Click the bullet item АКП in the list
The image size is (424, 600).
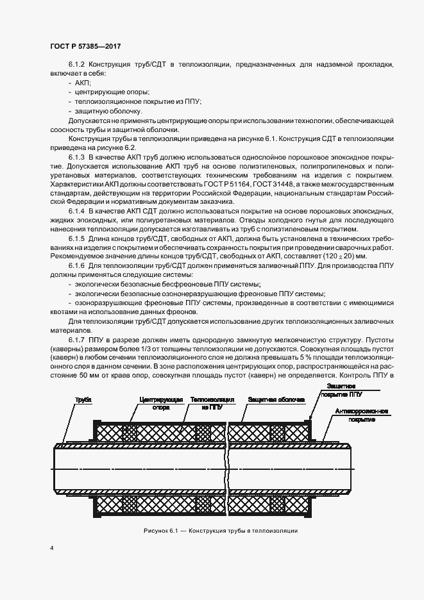tap(82, 83)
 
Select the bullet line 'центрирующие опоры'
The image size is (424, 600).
tap(103, 92)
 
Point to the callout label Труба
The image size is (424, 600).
tap(83, 400)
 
